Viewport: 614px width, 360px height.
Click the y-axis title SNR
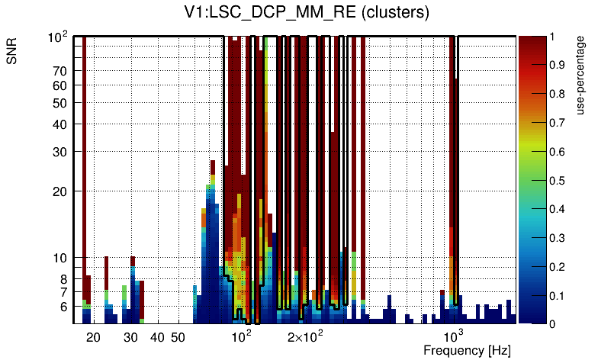pos(13,53)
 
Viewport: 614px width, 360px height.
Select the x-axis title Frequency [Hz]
pos(467,350)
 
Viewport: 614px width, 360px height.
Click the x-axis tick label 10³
pos(454,336)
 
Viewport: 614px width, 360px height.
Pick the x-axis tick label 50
pos(178,336)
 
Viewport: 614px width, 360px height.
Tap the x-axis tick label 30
pos(130,336)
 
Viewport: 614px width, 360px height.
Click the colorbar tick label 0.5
pos(558,180)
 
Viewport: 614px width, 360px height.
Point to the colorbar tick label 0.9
pos(558,65)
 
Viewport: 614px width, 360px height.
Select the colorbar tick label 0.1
pos(558,295)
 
